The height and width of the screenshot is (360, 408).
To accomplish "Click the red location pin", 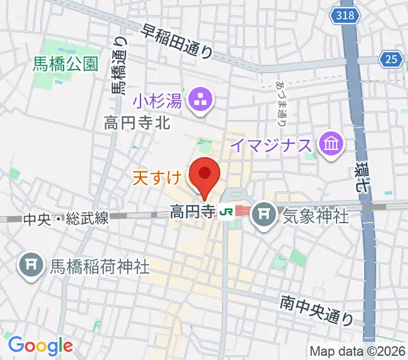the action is pyautogui.click(x=205, y=175).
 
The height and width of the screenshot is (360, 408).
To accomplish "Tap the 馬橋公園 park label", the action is pyautogui.click(x=67, y=65).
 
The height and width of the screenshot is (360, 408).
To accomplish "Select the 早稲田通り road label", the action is pyautogui.click(x=178, y=41).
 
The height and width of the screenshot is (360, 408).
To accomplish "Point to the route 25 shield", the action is pyautogui.click(x=391, y=58).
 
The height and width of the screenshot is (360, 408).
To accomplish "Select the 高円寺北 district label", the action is pyautogui.click(x=137, y=124).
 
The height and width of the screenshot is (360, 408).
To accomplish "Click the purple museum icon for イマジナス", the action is pyautogui.click(x=331, y=144).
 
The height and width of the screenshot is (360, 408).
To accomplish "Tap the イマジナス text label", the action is pyautogui.click(x=271, y=145).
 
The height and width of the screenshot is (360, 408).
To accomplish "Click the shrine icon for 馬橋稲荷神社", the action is pyautogui.click(x=30, y=265).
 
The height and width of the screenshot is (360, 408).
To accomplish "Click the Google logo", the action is pyautogui.click(x=40, y=345).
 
